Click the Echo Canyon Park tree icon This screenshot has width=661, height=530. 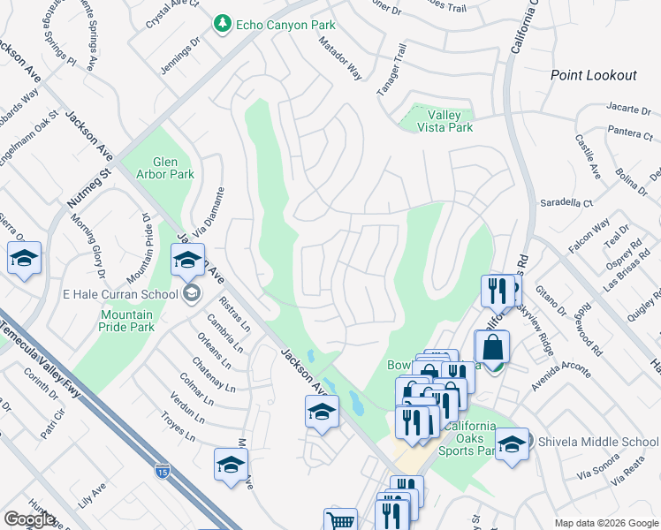[x=224, y=26]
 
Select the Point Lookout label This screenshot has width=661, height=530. [x=593, y=75]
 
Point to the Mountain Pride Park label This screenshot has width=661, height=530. [x=126, y=322]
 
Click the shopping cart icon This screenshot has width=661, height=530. [x=340, y=521]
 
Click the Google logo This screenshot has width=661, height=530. [x=29, y=519]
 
